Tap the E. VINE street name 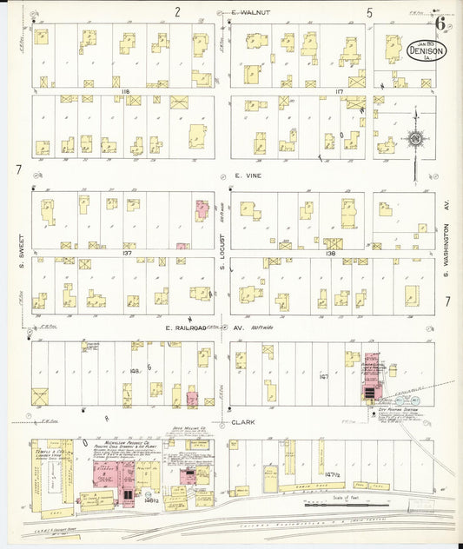[248, 175]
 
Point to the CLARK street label [243, 423]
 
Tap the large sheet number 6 [441, 23]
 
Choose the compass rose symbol [416, 139]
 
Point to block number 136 [330, 254]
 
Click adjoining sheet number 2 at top [176, 12]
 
